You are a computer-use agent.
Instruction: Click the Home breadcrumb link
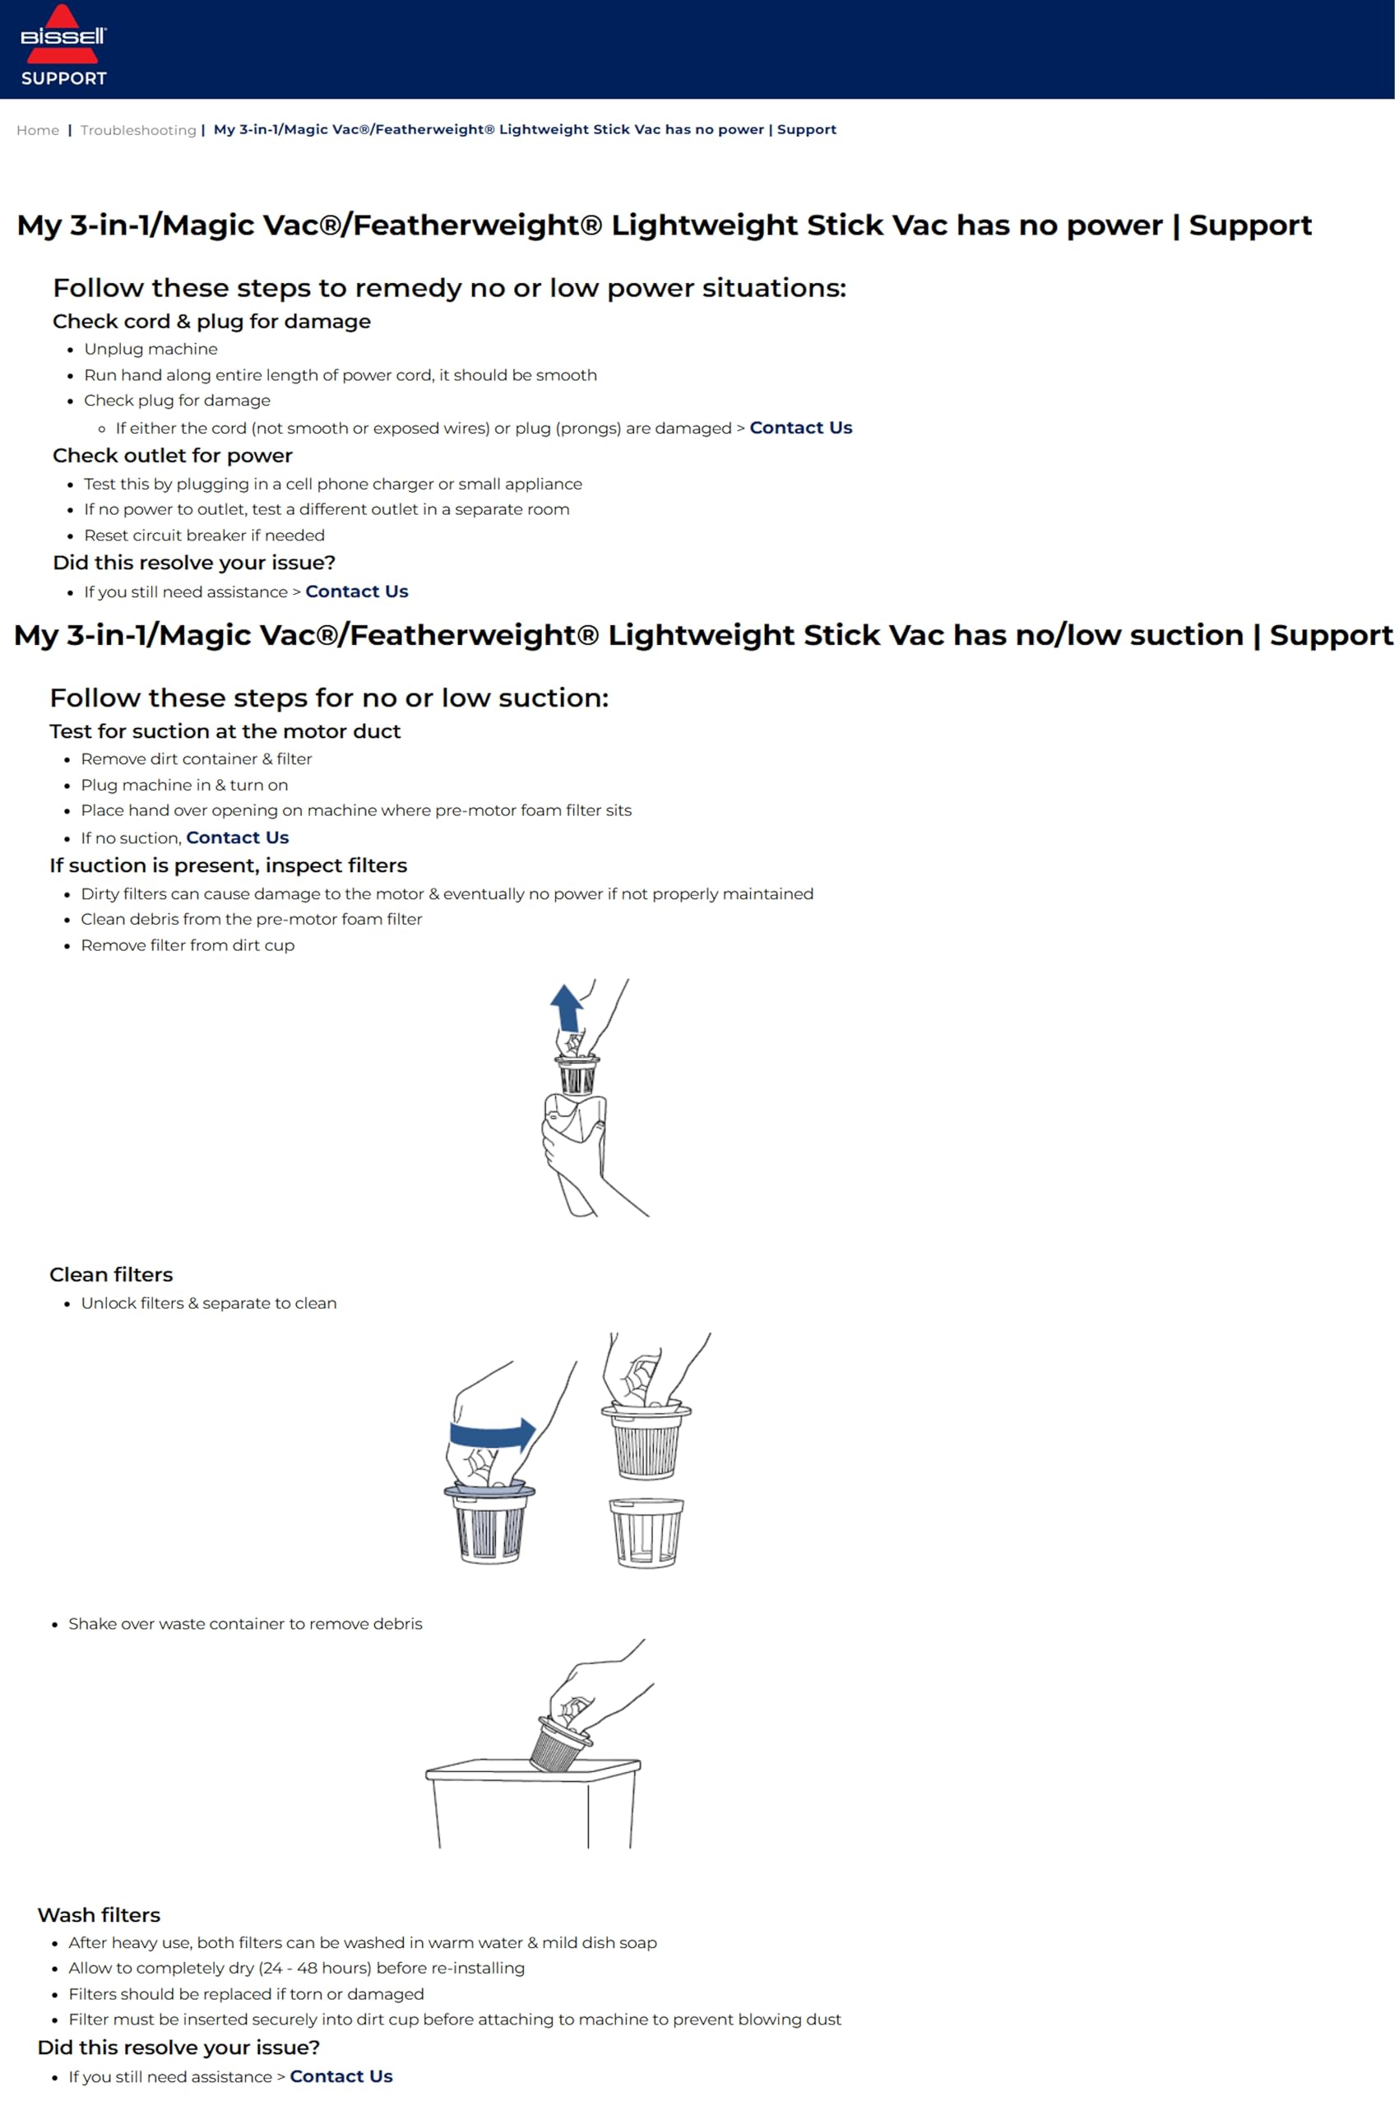[x=38, y=130]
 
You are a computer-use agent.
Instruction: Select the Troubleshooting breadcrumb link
[x=137, y=130]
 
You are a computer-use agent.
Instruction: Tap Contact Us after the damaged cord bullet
[x=800, y=428]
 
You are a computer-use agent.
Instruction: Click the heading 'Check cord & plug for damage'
[x=211, y=322]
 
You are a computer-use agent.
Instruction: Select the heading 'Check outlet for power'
[x=172, y=455]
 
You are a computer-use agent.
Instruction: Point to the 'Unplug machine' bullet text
[x=150, y=349]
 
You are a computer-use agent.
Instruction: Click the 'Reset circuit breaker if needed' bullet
[x=203, y=536]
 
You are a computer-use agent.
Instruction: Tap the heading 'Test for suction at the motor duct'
[x=225, y=731]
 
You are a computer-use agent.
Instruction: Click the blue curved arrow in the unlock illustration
[x=491, y=1434]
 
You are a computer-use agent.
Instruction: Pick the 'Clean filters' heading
[x=111, y=1274]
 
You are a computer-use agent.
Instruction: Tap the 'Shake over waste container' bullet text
[x=244, y=1623]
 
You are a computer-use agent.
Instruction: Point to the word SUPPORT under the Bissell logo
[x=63, y=78]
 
